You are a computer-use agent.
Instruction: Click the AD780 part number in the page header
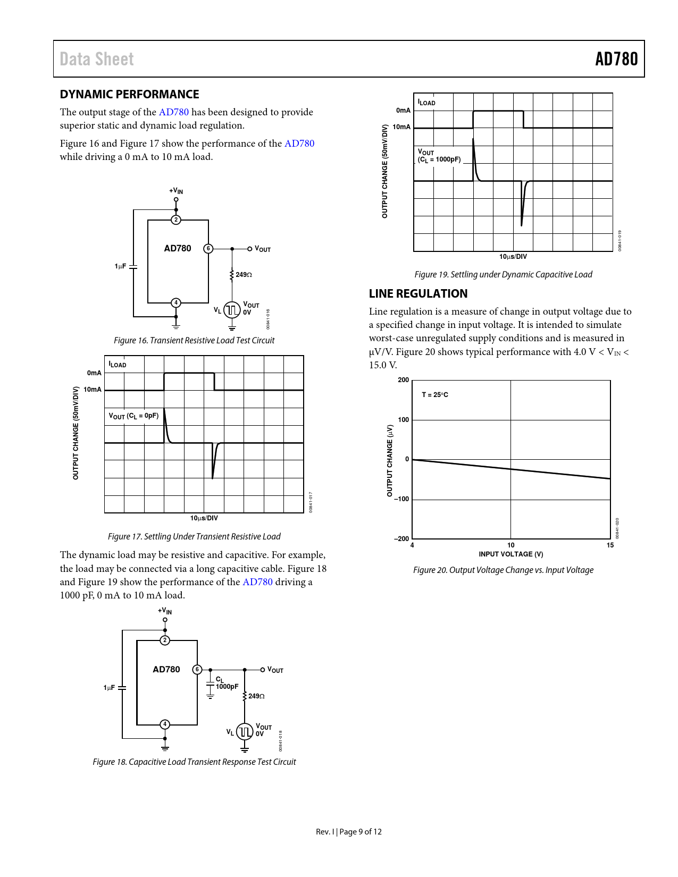coord(616,59)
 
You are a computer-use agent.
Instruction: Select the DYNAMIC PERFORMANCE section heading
coord(129,95)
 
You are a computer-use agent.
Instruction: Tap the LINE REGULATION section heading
coord(418,294)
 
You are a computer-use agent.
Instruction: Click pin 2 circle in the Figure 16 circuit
coord(176,220)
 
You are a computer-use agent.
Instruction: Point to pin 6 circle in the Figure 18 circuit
coord(197,669)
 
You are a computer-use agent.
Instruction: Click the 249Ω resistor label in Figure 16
coord(244,275)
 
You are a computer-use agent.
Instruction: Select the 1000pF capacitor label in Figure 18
coord(227,687)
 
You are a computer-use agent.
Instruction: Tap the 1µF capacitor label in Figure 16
coord(120,266)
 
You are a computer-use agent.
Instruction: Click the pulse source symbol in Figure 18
coord(245,732)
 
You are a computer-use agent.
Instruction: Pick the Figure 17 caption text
coord(194,537)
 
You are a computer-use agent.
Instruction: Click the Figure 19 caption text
coord(503,275)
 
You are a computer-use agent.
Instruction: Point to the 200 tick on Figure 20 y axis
coord(404,380)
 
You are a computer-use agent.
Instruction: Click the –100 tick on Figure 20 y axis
coord(402,499)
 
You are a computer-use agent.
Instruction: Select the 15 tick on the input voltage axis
coord(610,545)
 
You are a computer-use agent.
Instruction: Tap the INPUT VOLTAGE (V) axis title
coord(511,554)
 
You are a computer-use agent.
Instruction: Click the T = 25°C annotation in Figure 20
coord(435,395)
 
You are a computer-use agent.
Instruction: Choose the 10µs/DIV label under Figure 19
coord(513,257)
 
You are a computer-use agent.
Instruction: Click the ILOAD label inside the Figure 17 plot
coord(118,365)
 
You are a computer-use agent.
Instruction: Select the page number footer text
coord(349,832)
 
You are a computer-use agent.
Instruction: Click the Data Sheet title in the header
coord(97,59)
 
